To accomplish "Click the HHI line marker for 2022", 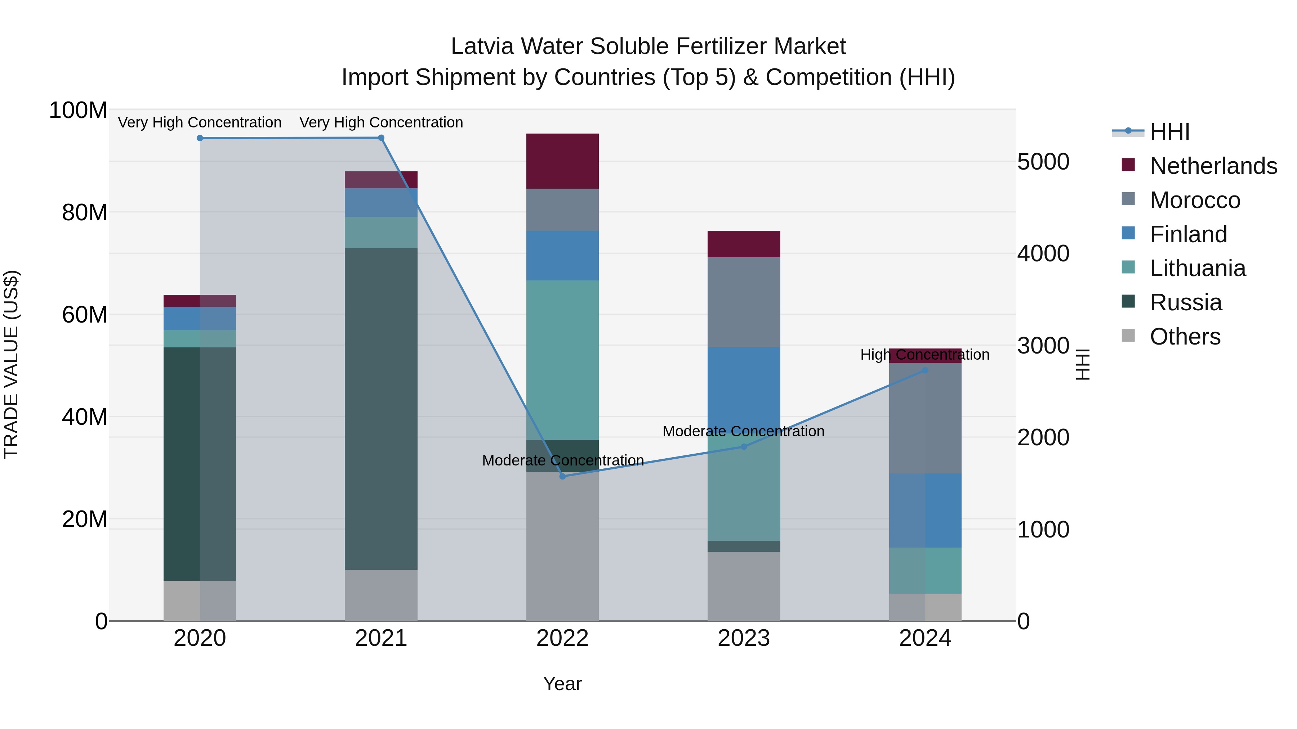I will coord(562,476).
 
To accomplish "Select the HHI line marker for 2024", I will coord(925,370).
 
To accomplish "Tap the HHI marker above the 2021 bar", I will coord(381,138).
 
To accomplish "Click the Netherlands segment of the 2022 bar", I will coord(562,161).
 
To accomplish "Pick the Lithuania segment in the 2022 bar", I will coord(562,360).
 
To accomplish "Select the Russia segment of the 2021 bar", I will coord(381,409).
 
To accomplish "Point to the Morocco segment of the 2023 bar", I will coord(744,302).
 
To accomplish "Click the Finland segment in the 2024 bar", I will coord(925,510).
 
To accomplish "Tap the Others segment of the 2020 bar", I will coord(200,601).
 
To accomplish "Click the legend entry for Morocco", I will coord(1194,200).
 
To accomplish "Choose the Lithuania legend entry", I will coord(1197,268).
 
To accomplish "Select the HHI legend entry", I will coord(1169,132).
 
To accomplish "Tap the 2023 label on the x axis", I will coord(744,638).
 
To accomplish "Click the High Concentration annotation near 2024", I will coord(925,355).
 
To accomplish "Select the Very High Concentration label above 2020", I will coord(200,122).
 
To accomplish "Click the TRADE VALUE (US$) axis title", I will coord(11,364).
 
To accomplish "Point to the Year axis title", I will coord(562,684).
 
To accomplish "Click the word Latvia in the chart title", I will coord(482,46).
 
